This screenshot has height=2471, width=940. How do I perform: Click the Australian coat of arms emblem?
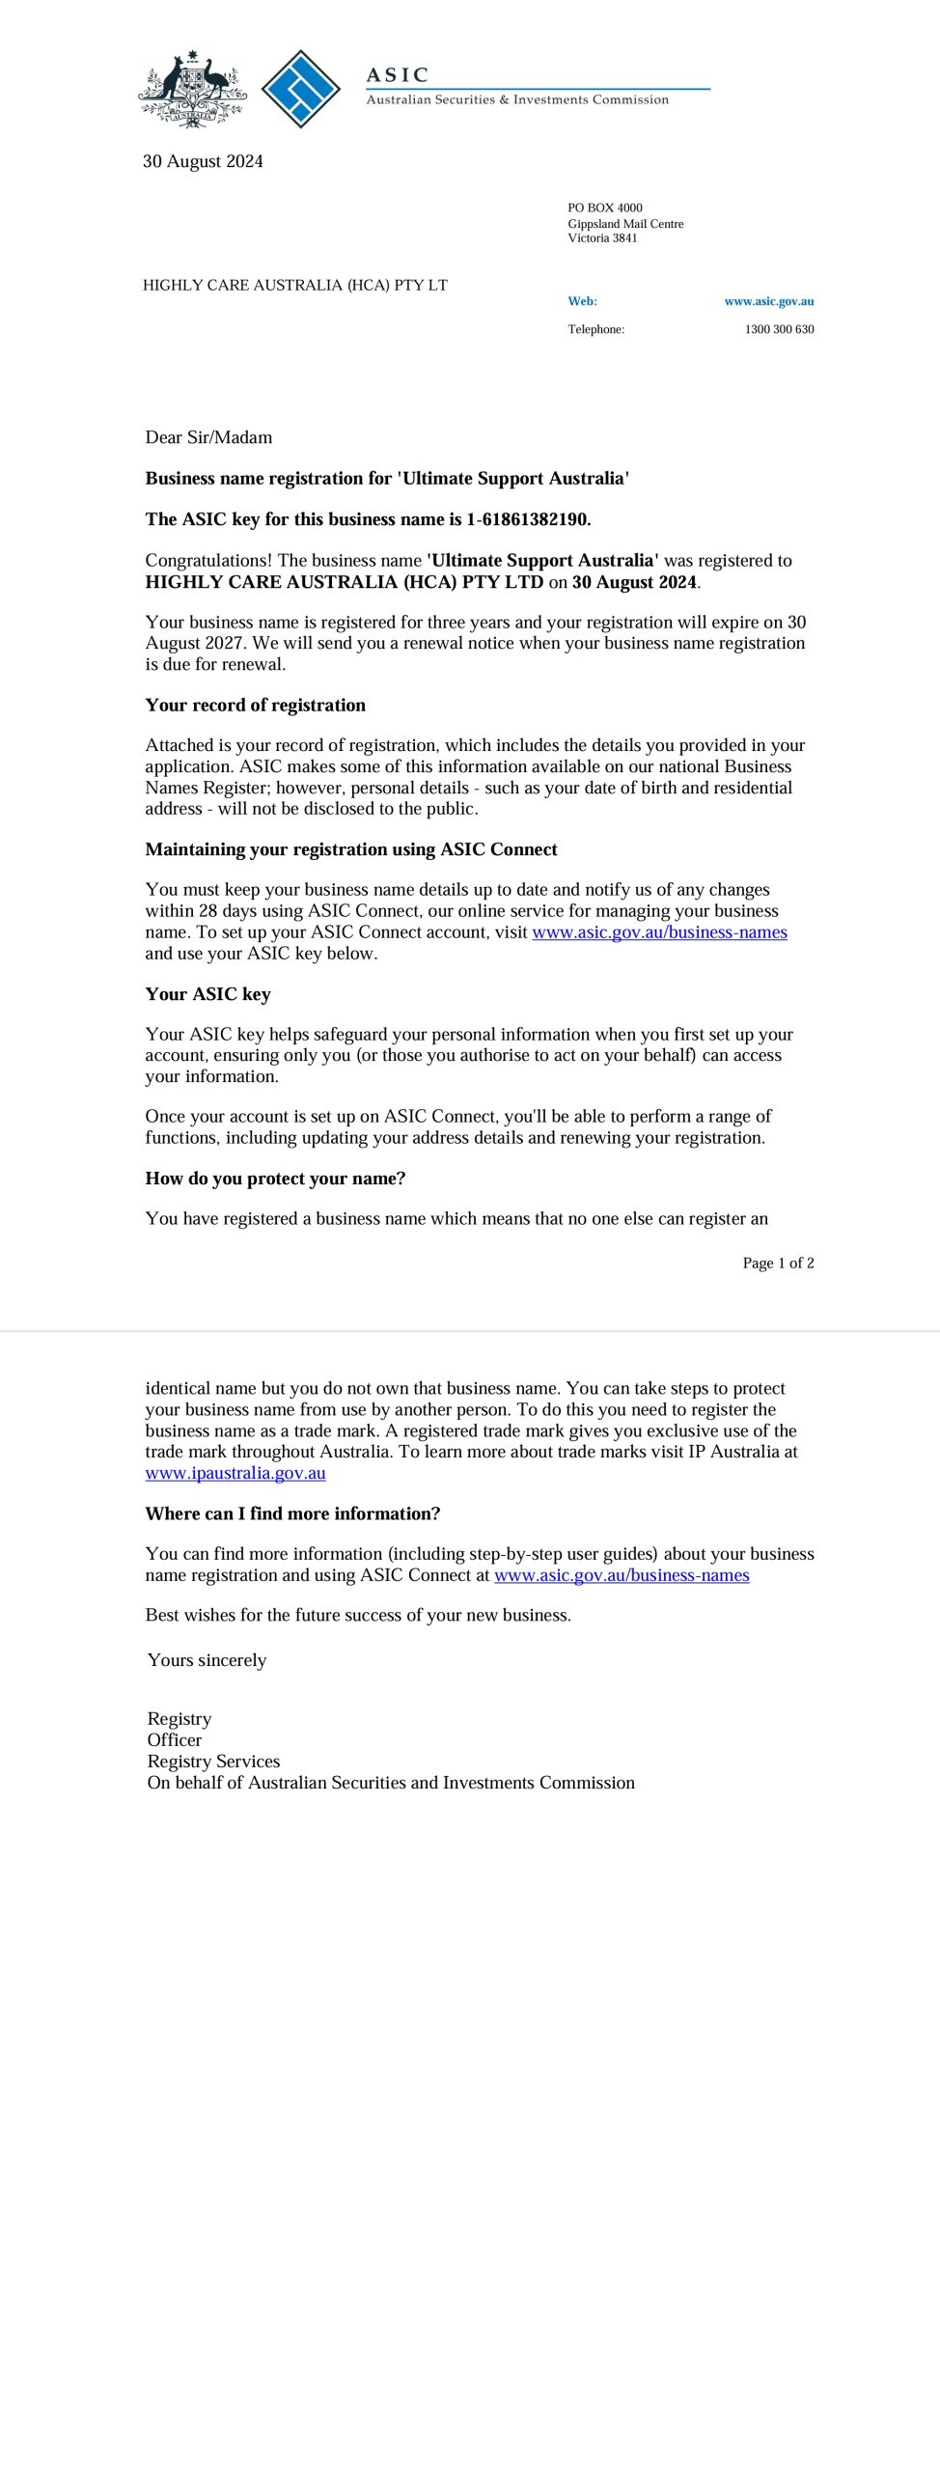click(x=192, y=90)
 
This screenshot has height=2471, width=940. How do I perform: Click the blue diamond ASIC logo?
click(x=301, y=89)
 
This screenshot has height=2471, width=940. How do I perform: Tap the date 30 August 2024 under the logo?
click(x=203, y=161)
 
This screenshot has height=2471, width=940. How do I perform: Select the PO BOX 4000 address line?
click(x=604, y=208)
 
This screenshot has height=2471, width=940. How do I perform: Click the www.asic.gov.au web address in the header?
click(x=768, y=301)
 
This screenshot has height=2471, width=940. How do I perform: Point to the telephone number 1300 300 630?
click(x=778, y=329)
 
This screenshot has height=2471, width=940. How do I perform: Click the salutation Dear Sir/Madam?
click(x=208, y=437)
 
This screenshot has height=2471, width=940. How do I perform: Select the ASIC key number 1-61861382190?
click(x=527, y=519)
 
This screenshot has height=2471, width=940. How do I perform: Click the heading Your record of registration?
click(x=255, y=705)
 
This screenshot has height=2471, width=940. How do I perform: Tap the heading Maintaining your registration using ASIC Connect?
click(x=351, y=849)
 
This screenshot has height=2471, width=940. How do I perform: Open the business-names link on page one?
click(x=659, y=932)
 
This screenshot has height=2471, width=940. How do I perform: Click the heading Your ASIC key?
click(x=207, y=994)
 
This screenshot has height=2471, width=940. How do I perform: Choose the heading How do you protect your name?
click(x=275, y=1179)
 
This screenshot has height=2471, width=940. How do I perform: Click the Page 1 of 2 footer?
click(x=778, y=1263)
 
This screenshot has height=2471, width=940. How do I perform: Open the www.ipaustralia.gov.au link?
click(x=235, y=1473)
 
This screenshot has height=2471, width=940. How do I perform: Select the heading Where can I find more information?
click(x=292, y=1513)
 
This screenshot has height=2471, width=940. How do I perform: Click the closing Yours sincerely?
click(x=207, y=1660)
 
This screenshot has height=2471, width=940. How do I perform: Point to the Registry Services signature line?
click(x=213, y=1762)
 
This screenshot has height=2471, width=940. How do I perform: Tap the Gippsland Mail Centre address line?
click(x=625, y=224)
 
